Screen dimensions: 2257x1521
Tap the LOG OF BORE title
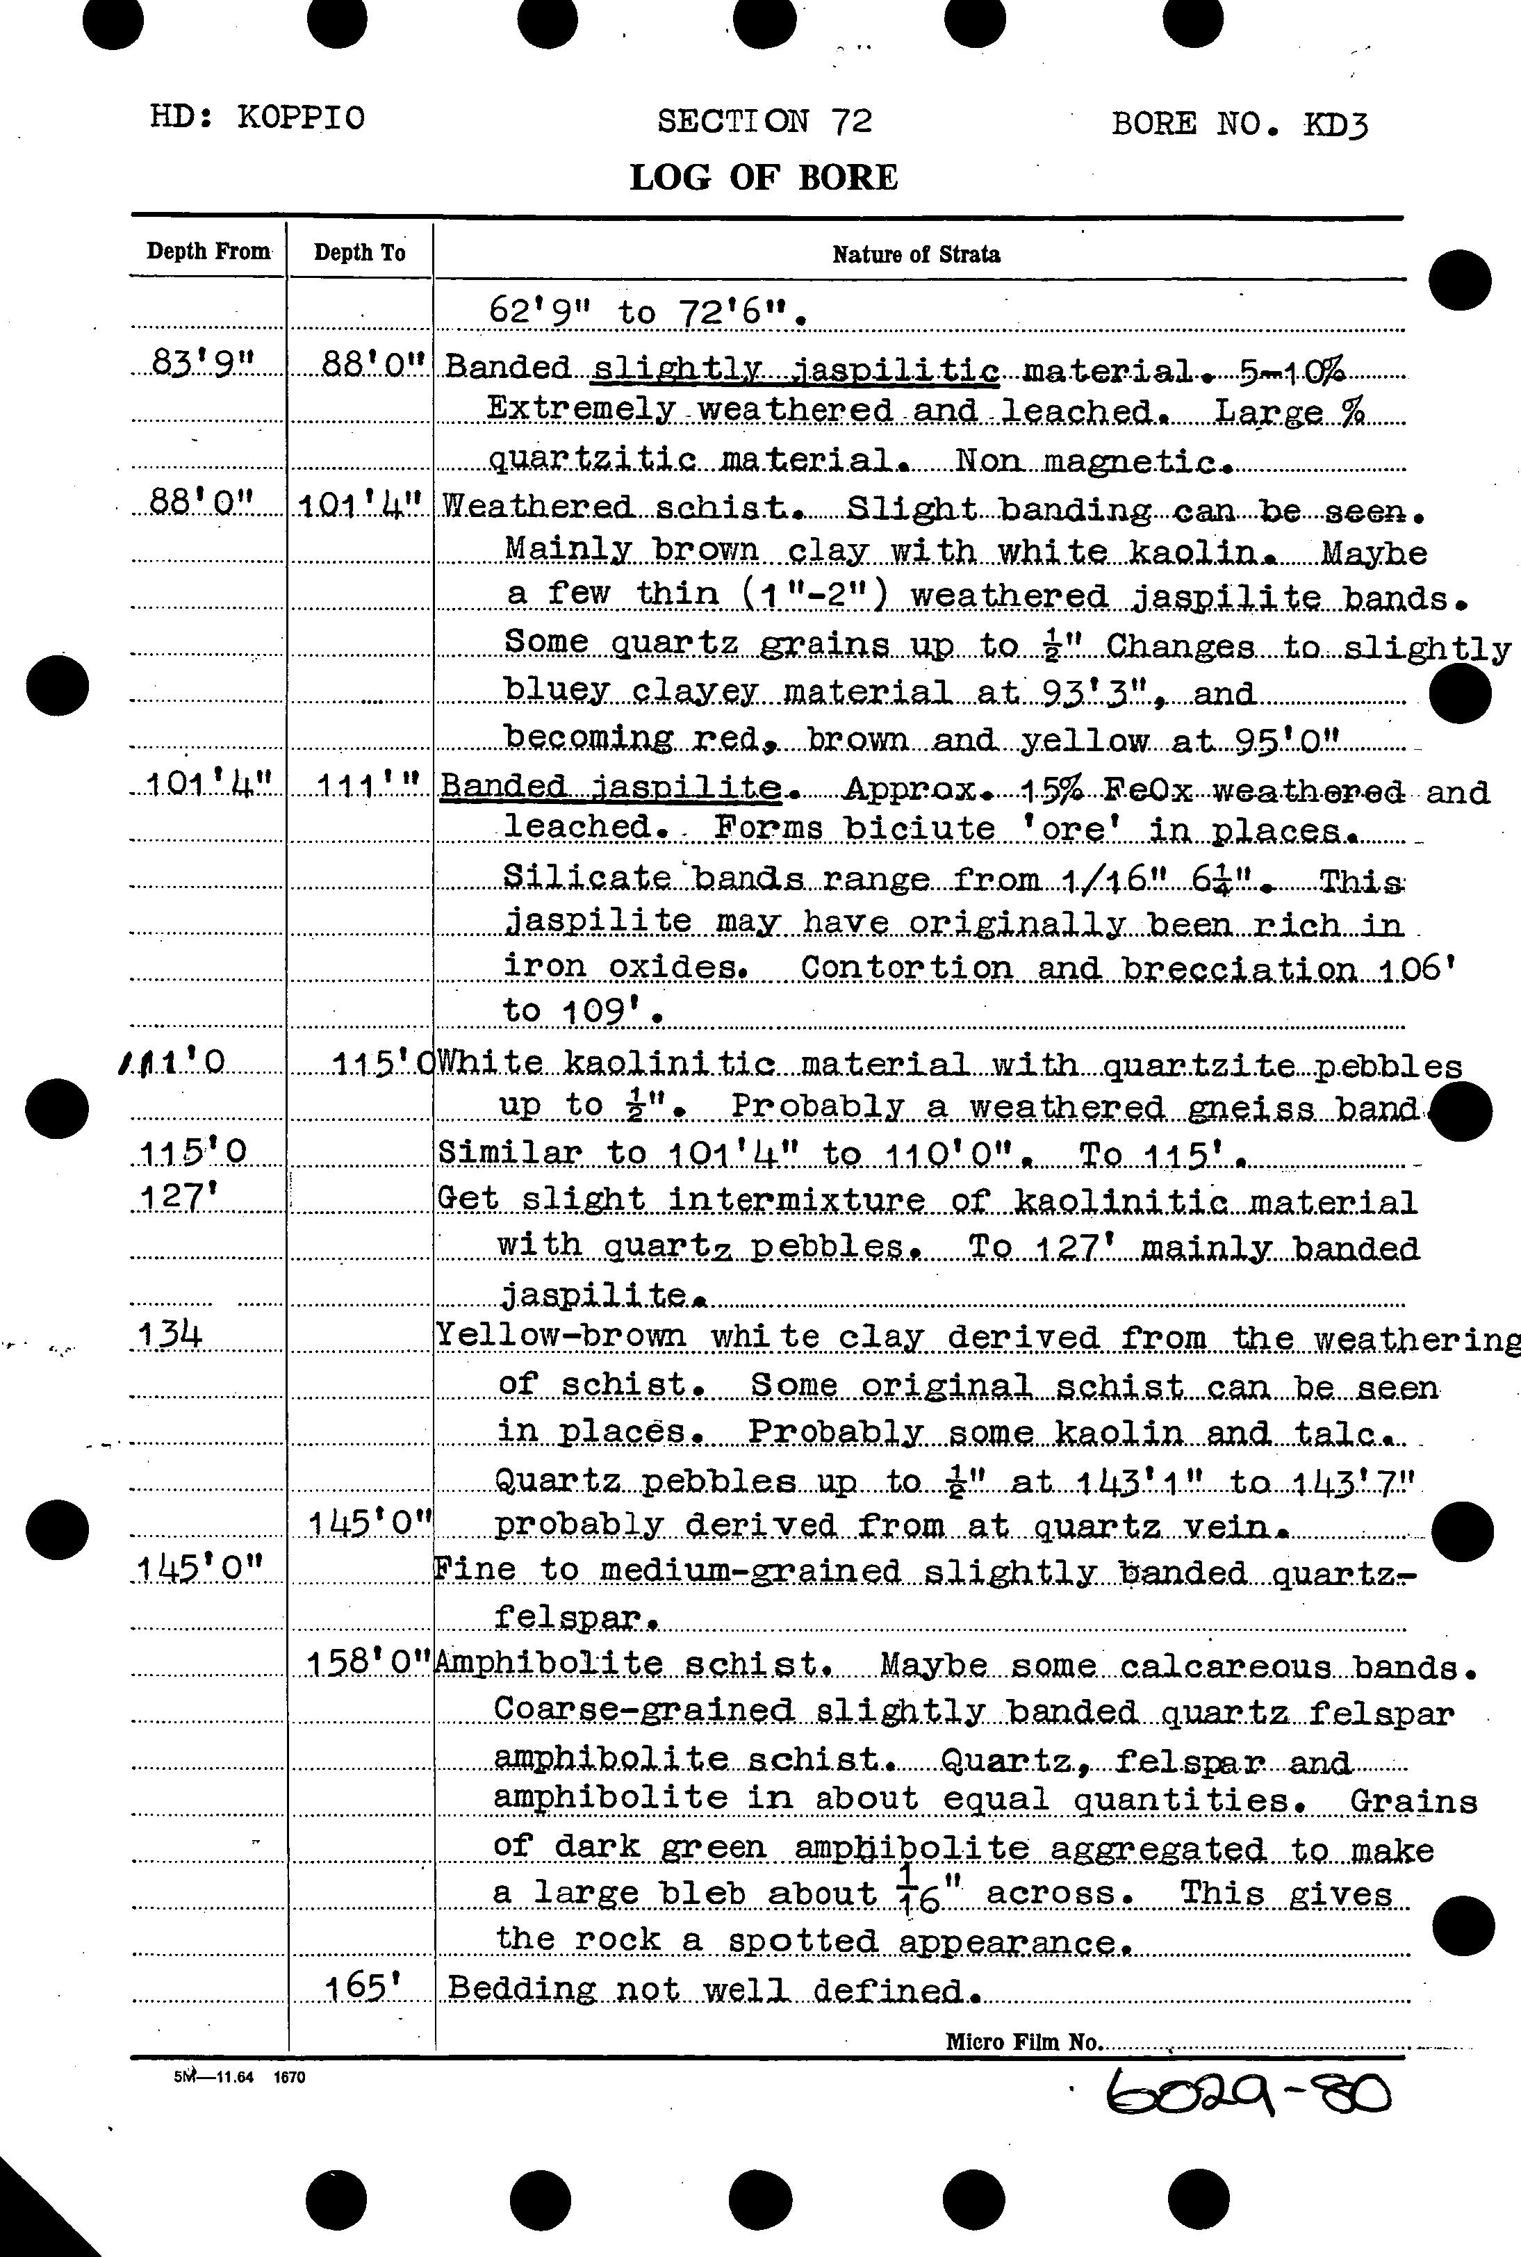tap(764, 177)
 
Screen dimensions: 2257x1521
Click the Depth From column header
tap(208, 252)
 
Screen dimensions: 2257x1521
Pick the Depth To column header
tap(359, 253)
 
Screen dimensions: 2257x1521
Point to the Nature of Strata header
tap(916, 255)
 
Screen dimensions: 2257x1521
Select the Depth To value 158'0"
tap(368, 1664)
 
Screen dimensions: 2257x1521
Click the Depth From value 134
tap(170, 1336)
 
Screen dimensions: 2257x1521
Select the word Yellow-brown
tap(560, 1336)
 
